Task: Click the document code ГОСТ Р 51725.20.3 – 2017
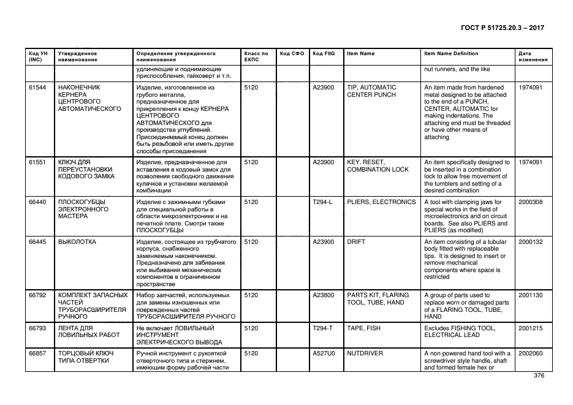(x=502, y=28)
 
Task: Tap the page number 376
(x=539, y=376)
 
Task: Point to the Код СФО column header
(x=292, y=53)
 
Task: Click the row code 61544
(x=37, y=88)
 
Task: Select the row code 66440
(x=37, y=202)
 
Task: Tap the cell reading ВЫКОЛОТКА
(x=77, y=242)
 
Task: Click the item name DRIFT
(x=355, y=242)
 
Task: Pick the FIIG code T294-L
(x=322, y=202)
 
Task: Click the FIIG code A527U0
(x=324, y=354)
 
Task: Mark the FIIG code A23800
(x=324, y=295)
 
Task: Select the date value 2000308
(x=530, y=202)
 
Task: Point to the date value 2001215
(x=530, y=328)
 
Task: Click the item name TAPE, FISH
(x=363, y=328)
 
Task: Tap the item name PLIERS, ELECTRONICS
(x=381, y=202)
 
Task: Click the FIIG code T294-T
(x=322, y=328)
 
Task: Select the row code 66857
(x=37, y=354)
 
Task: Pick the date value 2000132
(x=530, y=242)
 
